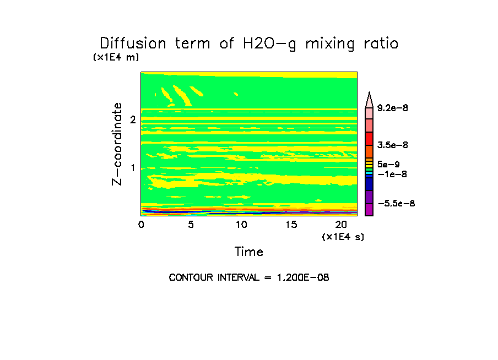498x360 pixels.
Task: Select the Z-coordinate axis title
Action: pos(117,144)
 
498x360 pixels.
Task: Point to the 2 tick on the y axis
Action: pos(133,119)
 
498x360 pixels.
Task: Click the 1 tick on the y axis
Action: pos(133,167)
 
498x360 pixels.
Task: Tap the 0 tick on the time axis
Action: pos(141,225)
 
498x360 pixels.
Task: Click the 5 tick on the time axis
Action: pos(191,225)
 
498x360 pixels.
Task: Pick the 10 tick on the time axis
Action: pos(241,225)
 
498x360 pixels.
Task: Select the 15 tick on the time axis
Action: pos(291,225)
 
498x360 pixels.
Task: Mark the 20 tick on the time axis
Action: pos(341,225)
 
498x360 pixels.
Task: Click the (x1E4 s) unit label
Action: pos(343,237)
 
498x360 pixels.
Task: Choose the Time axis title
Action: pos(249,252)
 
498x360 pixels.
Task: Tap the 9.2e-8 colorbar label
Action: pos(392,108)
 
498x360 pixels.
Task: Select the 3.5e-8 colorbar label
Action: pos(392,145)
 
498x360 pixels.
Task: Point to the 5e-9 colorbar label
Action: pos(388,164)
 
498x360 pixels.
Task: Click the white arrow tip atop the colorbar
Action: pos(369,99)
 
